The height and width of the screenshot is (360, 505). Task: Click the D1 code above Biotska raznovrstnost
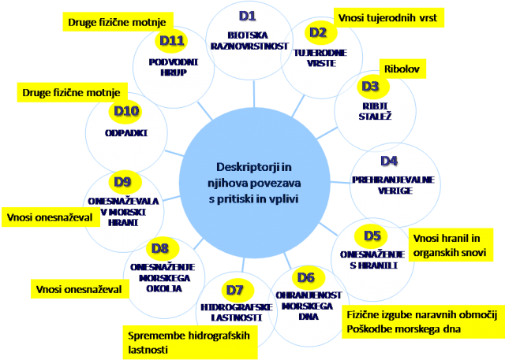tap(247, 16)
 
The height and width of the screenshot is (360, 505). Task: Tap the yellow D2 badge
tap(320, 32)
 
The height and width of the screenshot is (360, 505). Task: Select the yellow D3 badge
tap(372, 86)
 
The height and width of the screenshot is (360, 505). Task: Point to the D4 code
tap(389, 161)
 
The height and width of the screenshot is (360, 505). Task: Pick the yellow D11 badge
tap(171, 41)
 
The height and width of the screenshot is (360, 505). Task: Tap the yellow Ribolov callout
tap(402, 69)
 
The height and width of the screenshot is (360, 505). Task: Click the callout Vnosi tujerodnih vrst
tap(389, 17)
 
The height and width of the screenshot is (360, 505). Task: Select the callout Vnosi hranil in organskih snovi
tap(451, 245)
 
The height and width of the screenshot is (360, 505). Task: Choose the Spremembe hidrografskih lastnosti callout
tap(190, 343)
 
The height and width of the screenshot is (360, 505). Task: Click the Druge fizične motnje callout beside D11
tap(118, 22)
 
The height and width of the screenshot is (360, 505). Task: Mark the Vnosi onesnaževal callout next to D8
tap(80, 289)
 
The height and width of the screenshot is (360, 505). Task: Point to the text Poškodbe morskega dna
tap(403, 329)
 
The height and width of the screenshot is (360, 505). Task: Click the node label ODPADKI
tap(126, 133)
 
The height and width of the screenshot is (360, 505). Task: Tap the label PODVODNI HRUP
tap(174, 67)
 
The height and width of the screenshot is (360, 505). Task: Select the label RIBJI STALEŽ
tap(375, 111)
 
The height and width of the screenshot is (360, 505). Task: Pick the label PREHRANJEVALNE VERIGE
tap(394, 185)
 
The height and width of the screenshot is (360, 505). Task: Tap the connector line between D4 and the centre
tap(340, 183)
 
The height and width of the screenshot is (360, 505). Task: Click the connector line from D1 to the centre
tap(254, 94)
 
